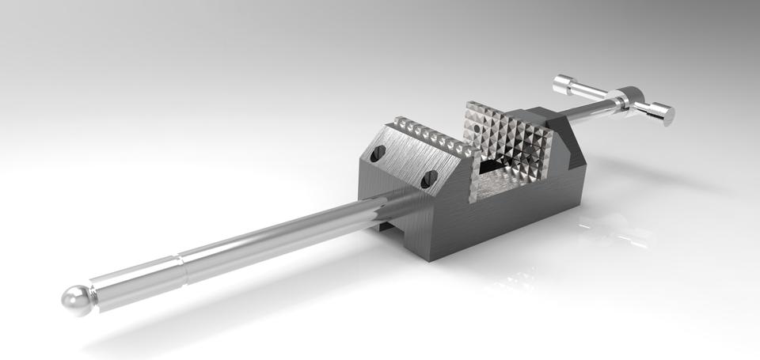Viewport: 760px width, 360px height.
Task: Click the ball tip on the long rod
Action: click(x=75, y=300)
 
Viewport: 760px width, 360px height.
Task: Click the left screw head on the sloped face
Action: click(x=376, y=155)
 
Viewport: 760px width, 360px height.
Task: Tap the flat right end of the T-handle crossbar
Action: click(x=668, y=116)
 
